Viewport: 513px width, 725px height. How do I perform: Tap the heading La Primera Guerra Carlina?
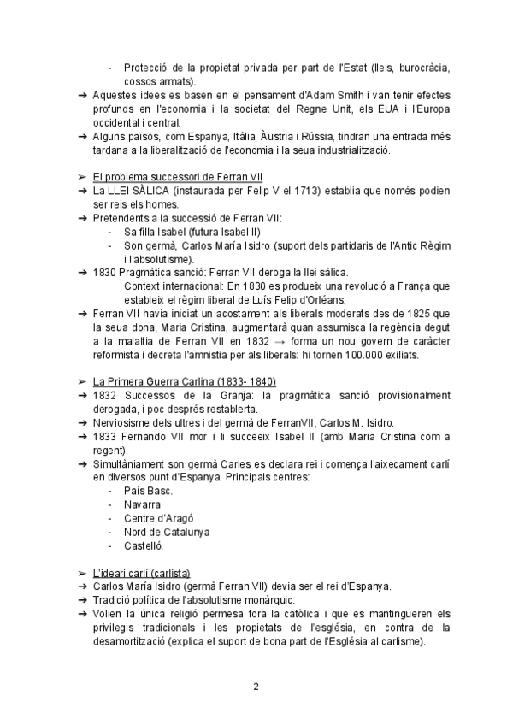(x=185, y=380)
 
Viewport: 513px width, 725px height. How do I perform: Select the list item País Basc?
(x=149, y=491)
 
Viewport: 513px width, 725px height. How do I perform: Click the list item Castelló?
(x=144, y=545)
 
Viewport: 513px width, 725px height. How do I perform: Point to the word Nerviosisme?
(x=127, y=422)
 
